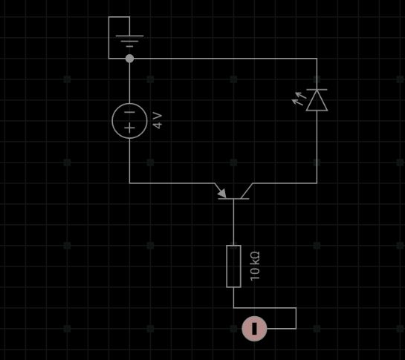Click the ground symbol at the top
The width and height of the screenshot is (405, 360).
(x=129, y=41)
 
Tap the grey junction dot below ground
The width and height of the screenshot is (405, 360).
(x=129, y=59)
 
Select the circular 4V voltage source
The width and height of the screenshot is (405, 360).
(x=129, y=121)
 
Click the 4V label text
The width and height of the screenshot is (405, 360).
(x=158, y=120)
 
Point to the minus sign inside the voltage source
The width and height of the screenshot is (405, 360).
(x=129, y=112)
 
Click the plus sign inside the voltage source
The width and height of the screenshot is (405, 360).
(x=129, y=128)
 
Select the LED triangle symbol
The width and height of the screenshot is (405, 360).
(x=317, y=100)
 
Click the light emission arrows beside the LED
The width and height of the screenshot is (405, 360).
(x=299, y=99)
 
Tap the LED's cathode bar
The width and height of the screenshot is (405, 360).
(x=317, y=90)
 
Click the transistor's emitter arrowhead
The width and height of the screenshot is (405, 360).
(x=222, y=193)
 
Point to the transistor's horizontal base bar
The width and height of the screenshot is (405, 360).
(x=233, y=199)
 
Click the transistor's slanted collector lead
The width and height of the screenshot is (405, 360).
(x=247, y=191)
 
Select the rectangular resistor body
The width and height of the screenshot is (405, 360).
(x=234, y=266)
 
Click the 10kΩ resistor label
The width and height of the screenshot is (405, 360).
(x=255, y=266)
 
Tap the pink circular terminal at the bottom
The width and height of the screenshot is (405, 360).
(x=254, y=329)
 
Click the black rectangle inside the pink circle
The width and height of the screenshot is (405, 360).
(x=254, y=329)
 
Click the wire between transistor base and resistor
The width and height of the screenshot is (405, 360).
(x=234, y=222)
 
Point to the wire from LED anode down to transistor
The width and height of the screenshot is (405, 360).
(x=317, y=147)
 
